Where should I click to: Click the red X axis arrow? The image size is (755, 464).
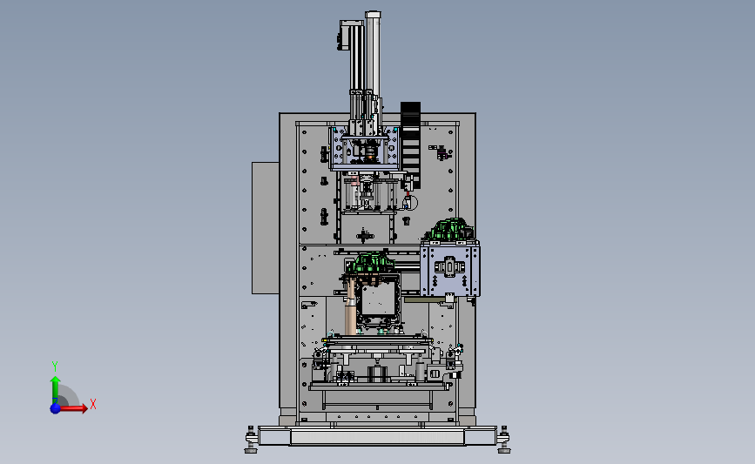[x=73, y=408]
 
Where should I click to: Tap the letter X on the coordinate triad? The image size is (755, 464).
[x=93, y=404]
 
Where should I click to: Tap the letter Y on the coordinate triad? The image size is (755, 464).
[x=55, y=366]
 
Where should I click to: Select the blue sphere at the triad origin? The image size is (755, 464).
[x=56, y=408]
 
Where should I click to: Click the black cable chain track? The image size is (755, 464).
[x=410, y=145]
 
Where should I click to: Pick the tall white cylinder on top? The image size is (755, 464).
[x=374, y=53]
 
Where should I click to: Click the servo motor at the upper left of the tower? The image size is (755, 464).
[x=343, y=35]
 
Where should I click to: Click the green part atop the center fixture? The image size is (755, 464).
[x=372, y=264]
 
